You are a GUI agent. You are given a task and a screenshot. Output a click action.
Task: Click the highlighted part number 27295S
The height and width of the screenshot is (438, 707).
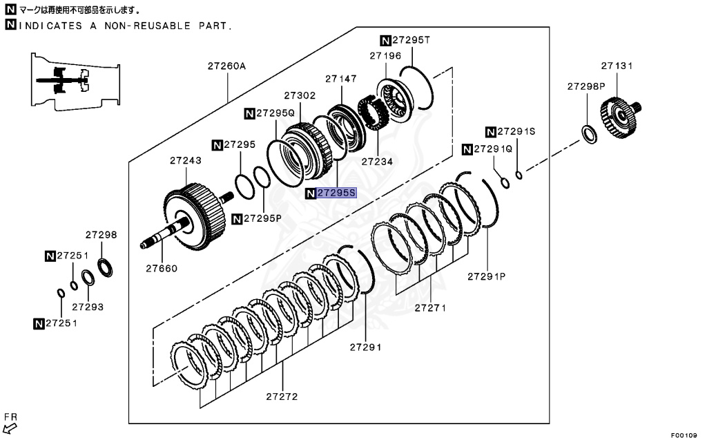pos(336,193)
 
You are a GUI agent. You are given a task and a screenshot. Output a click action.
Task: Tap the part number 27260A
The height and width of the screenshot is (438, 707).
pos(227,66)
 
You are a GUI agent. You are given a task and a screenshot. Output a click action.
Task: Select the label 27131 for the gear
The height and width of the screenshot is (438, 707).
pos(617,66)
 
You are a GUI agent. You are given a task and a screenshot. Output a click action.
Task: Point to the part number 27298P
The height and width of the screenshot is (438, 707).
pos(586,86)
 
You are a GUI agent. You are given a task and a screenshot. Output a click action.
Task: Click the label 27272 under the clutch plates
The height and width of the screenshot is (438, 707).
pos(282,397)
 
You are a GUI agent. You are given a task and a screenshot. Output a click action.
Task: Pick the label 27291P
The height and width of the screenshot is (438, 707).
pos(486,276)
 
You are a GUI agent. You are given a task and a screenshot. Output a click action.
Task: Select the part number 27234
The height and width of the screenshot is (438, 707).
pos(377,162)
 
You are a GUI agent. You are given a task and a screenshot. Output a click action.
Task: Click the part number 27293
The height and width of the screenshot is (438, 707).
pos(88,305)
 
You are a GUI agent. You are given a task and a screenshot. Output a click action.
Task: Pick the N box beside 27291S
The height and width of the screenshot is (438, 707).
pos(491,131)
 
